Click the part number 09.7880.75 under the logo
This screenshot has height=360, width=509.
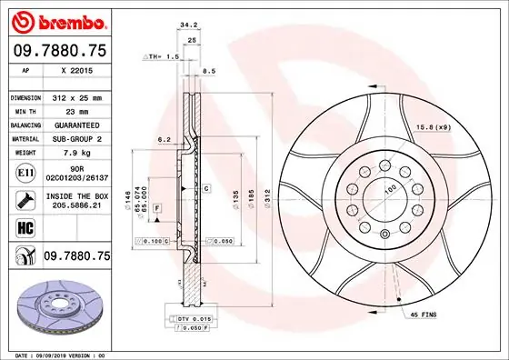59,51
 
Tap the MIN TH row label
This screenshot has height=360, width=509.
25,110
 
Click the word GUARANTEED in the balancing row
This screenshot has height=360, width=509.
76,125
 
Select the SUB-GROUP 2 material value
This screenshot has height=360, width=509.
76,138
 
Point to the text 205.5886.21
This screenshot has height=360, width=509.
76,206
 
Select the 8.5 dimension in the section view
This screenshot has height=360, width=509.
208,69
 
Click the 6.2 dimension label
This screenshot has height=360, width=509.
165,140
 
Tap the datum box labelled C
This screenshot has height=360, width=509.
206,188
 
